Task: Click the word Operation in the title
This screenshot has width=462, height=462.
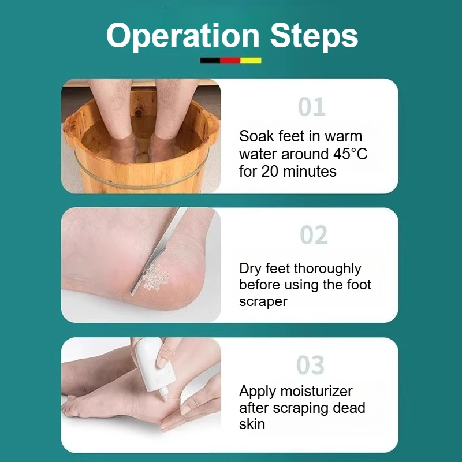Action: [182, 36]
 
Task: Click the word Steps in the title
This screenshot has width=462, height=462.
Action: [314, 36]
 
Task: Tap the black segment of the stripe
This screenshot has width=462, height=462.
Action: [210, 61]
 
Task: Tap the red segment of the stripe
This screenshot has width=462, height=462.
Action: [230, 61]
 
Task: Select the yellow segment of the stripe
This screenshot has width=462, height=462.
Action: [251, 61]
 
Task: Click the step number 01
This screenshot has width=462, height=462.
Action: [312, 107]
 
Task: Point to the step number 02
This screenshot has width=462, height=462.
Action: [314, 235]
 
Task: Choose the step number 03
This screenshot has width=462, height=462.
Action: [311, 365]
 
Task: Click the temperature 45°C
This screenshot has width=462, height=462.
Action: [351, 154]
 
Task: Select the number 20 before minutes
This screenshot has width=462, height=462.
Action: [270, 172]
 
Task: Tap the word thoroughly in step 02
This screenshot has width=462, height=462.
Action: [327, 269]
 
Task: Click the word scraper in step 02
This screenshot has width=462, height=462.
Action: [263, 302]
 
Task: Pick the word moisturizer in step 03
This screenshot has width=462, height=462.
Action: [316, 392]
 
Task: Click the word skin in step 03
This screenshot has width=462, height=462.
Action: [252, 424]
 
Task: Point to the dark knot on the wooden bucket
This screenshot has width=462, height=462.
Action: [139, 113]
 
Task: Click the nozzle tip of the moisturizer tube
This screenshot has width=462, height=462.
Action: [165, 398]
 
